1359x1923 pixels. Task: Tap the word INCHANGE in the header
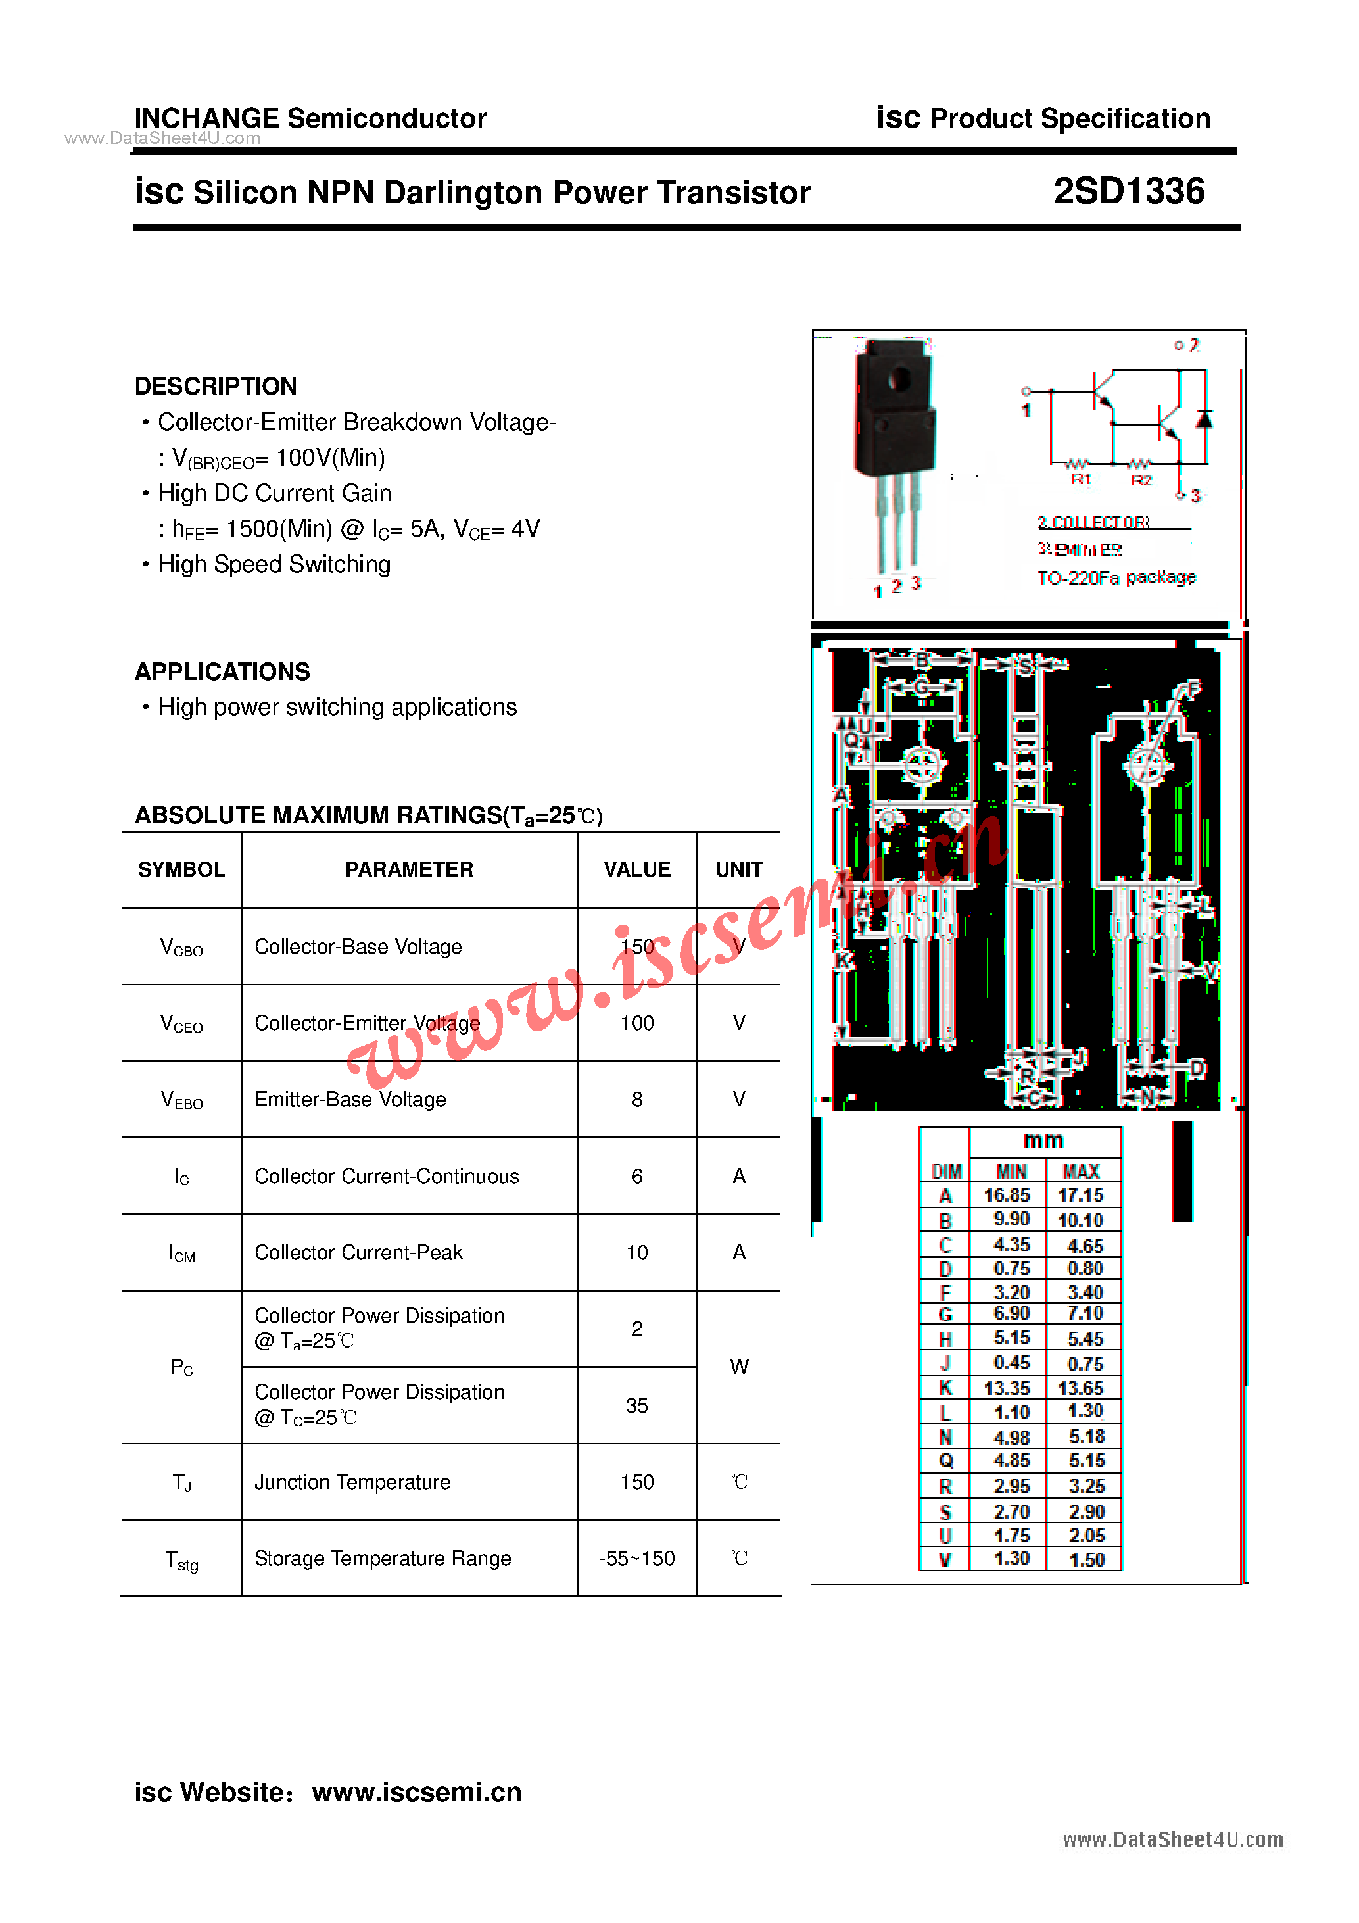(x=206, y=118)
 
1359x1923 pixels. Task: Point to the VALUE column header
(x=636, y=869)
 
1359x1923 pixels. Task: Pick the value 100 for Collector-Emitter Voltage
(x=636, y=1023)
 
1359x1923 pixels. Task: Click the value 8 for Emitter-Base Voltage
(x=636, y=1099)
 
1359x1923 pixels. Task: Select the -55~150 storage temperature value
(x=636, y=1558)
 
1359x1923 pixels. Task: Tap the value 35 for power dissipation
(x=636, y=1405)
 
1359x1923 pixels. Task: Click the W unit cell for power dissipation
(x=738, y=1367)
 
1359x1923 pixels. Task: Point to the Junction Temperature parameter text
(x=352, y=1482)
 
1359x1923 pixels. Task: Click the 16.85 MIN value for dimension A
(x=1007, y=1194)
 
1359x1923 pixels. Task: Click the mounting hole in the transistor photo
(x=899, y=379)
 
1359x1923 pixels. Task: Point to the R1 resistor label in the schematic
(x=1081, y=479)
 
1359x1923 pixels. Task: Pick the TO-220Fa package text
(x=1116, y=577)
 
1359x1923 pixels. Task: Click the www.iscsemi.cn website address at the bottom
(x=416, y=1791)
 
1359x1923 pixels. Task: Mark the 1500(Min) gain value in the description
(x=279, y=529)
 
